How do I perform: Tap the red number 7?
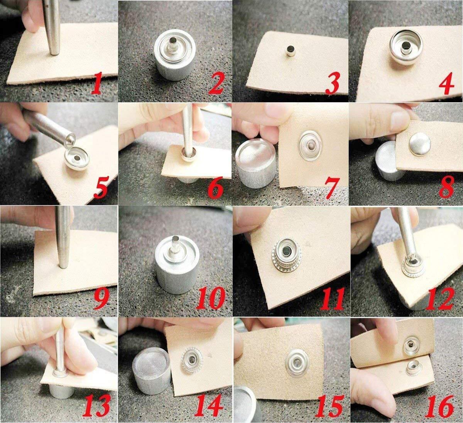pos(331,187)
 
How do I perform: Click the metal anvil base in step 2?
pos(175,54)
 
